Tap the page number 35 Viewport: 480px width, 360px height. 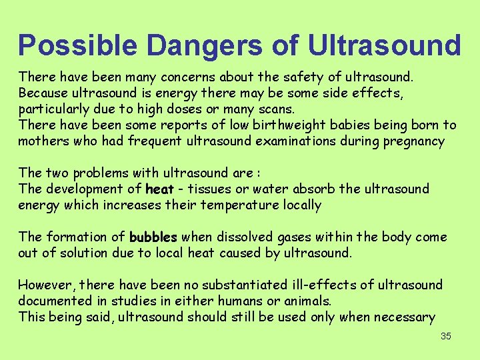click(446, 336)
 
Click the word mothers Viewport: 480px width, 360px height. click(43, 141)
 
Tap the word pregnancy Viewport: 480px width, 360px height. click(411, 141)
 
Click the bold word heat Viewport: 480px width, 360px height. click(159, 189)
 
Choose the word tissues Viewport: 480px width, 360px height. click(209, 189)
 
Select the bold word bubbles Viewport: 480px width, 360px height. click(153, 237)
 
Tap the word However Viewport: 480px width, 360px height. click(43, 285)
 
